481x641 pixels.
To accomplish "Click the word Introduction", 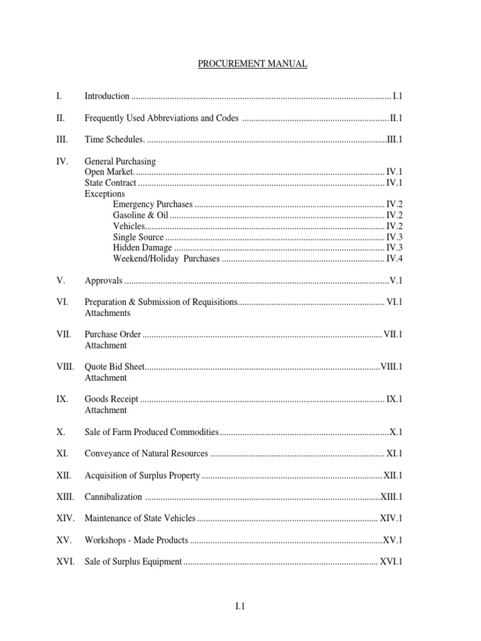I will point(107,96).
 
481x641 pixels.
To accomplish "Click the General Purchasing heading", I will point(120,162).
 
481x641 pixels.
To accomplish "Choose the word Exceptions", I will point(105,194).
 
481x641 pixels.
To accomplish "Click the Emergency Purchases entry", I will point(153,205).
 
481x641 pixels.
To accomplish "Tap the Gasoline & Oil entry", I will point(141,215).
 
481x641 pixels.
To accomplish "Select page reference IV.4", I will point(394,259).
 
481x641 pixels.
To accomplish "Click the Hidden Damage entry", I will point(142,248).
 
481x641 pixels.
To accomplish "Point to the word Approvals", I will point(103,280).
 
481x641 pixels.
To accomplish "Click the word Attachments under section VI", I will point(108,312).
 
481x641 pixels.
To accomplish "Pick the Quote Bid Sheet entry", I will point(115,367).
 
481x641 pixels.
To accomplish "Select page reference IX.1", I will point(394,399).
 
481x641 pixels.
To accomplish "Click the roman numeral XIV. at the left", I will point(65,518).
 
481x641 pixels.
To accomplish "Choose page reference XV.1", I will point(392,540).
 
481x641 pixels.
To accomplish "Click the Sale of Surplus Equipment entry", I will point(133,562).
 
